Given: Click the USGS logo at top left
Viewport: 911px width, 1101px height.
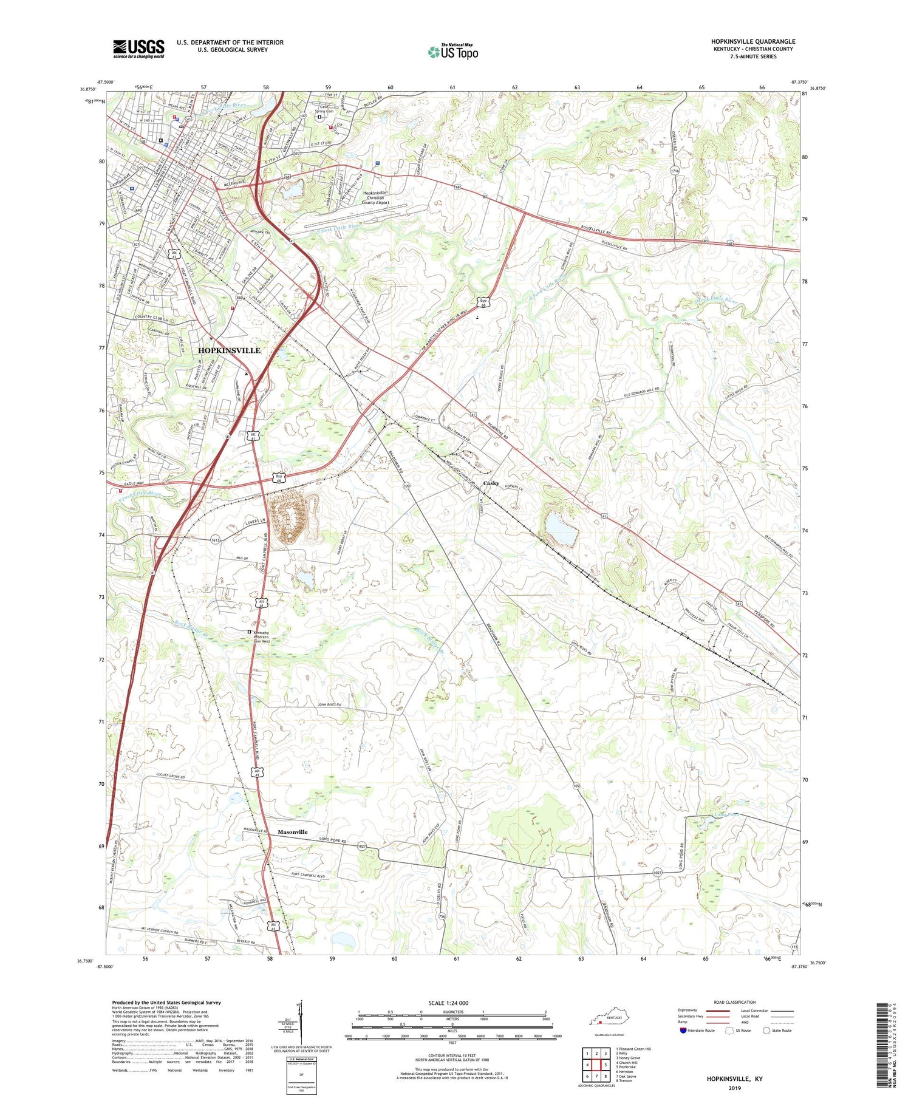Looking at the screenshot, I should point(138,49).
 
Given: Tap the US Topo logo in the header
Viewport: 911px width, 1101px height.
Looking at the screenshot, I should point(452,52).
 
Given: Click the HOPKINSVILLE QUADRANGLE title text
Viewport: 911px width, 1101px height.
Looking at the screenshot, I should point(752,41).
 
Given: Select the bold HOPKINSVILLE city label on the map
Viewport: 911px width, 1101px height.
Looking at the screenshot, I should point(230,350).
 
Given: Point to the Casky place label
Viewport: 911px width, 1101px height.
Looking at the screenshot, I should point(491,483).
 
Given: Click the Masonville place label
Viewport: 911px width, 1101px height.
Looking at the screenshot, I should point(293,832).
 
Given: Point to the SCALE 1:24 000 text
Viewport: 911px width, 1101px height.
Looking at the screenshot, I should point(452,1003).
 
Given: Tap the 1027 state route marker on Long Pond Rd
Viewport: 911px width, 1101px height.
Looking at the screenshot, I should point(363,845).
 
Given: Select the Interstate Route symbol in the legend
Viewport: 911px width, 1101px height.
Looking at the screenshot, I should point(683,1031).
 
